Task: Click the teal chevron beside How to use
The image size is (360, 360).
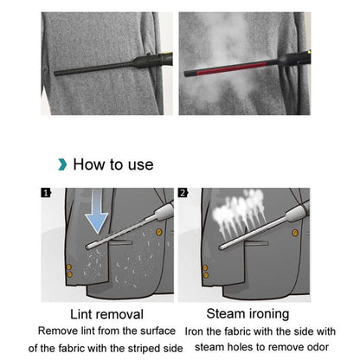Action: click(61, 164)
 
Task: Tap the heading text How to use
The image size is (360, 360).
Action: click(112, 164)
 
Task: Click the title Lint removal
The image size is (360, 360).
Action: click(106, 315)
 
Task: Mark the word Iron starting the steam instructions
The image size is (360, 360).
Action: click(199, 331)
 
